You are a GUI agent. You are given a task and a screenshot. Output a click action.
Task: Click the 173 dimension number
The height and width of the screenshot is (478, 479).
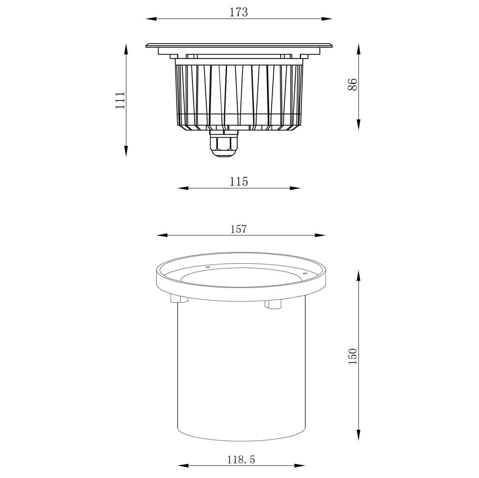coord(239,12)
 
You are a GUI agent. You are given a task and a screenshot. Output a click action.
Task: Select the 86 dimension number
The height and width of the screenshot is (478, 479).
coord(352,85)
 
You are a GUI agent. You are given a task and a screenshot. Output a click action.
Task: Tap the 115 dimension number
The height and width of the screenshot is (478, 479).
coord(239,181)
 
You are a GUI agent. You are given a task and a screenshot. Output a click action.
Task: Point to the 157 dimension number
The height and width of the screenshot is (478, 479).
coord(239,229)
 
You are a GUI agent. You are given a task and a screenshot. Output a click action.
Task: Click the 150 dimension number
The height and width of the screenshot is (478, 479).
coord(353,356)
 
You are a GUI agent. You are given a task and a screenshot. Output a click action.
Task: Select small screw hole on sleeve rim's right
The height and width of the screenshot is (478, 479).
coord(305,273)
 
